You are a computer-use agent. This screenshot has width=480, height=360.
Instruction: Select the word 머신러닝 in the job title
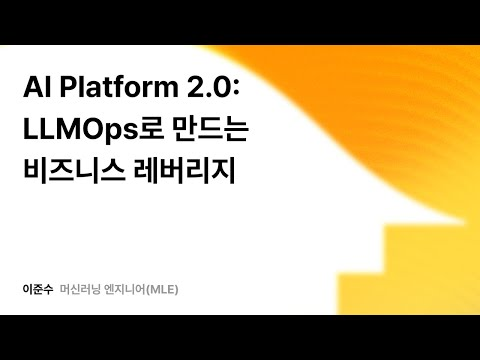(83, 290)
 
